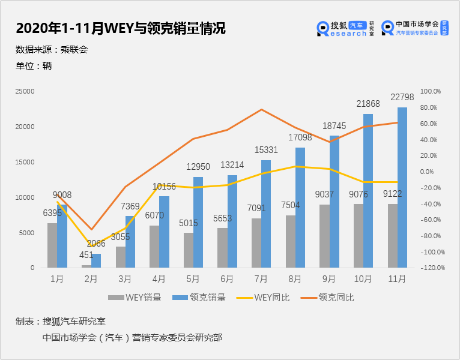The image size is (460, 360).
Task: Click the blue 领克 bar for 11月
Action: [x=402, y=187]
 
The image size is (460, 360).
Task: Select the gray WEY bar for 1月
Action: [x=52, y=245]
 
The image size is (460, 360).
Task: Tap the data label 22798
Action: [x=402, y=97]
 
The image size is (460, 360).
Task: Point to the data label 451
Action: [x=86, y=255]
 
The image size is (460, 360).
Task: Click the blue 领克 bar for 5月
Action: [x=198, y=222]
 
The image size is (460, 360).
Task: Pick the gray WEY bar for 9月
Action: [x=324, y=236]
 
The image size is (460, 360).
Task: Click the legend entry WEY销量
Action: [x=135, y=298]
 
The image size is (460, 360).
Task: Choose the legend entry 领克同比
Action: [x=327, y=298]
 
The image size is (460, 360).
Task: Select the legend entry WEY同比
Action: [x=263, y=298]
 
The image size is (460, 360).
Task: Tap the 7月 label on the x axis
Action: [x=261, y=278]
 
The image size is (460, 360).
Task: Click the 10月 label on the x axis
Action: [x=363, y=278]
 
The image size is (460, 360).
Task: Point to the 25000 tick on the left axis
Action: [x=25, y=91]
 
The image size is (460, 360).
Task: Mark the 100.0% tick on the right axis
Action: [x=431, y=91]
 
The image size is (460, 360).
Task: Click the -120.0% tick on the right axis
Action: [x=433, y=268]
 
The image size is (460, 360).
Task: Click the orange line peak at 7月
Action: [x=261, y=110]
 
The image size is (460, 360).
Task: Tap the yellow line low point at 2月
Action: [x=91, y=245]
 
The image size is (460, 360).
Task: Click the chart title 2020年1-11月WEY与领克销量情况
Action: [x=121, y=28]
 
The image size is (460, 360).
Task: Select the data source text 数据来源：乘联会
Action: [x=52, y=50]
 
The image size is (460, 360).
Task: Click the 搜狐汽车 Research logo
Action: [x=345, y=28]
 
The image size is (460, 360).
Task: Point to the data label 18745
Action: [x=334, y=126]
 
